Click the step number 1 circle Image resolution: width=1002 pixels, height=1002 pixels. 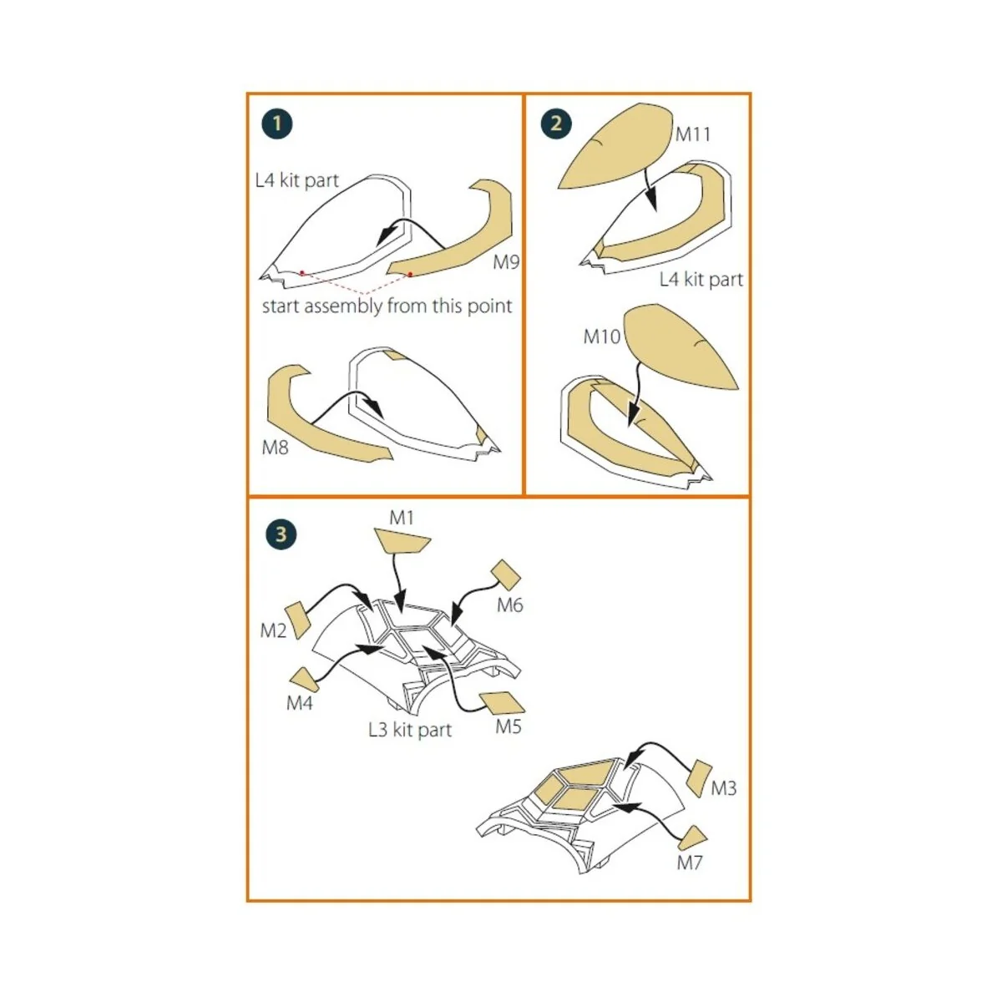click(277, 124)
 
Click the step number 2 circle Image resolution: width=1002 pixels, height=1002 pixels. click(556, 124)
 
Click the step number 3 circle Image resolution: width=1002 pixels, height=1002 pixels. click(281, 534)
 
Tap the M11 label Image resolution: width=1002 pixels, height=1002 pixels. click(692, 134)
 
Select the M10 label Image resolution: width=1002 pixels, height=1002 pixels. click(601, 337)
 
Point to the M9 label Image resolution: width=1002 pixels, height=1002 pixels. click(506, 262)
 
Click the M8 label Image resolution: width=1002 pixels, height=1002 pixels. click(275, 448)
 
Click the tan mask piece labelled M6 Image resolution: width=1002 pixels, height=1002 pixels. click(505, 575)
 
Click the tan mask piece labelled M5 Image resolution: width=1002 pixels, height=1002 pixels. click(502, 703)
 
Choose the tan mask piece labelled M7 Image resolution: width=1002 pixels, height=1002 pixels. click(693, 840)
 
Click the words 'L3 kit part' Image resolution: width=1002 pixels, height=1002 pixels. click(410, 730)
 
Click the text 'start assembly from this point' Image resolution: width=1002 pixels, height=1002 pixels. click(387, 306)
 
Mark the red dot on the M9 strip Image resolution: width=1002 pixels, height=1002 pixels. click(410, 274)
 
